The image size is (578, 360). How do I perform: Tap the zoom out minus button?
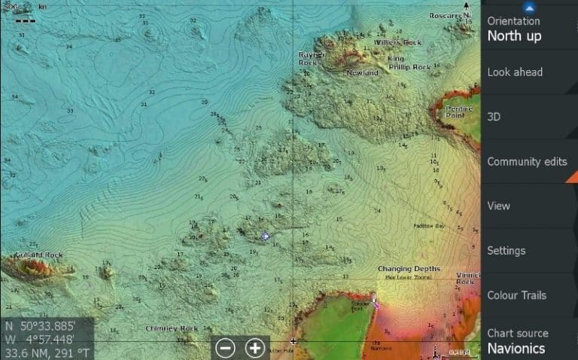click(x=226, y=348)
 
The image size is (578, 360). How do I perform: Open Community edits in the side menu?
click(x=526, y=161)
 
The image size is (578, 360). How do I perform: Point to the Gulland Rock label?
click(x=43, y=255)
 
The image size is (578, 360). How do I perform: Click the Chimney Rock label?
click(x=172, y=328)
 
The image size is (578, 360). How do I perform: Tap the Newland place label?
click(x=362, y=72)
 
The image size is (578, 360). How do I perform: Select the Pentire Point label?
click(x=459, y=112)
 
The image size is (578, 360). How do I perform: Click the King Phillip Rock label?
click(x=409, y=63)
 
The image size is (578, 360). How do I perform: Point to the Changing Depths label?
click(x=409, y=269)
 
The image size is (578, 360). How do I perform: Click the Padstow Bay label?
click(x=429, y=226)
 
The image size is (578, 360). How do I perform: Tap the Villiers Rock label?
click(x=398, y=43)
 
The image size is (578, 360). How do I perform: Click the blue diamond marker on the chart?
click(x=265, y=236)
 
